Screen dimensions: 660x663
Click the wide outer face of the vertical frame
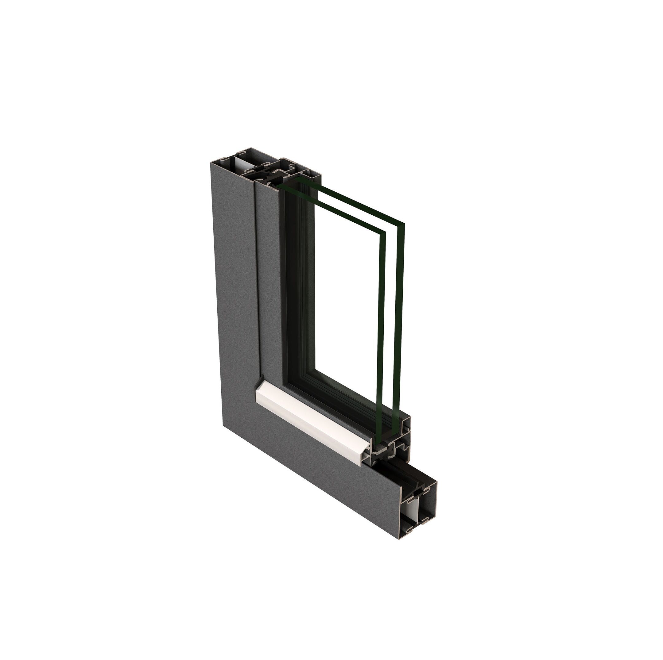(x=233, y=291)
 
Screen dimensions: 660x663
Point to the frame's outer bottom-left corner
(x=224, y=425)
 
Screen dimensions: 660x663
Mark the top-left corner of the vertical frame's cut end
(x=211, y=162)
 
